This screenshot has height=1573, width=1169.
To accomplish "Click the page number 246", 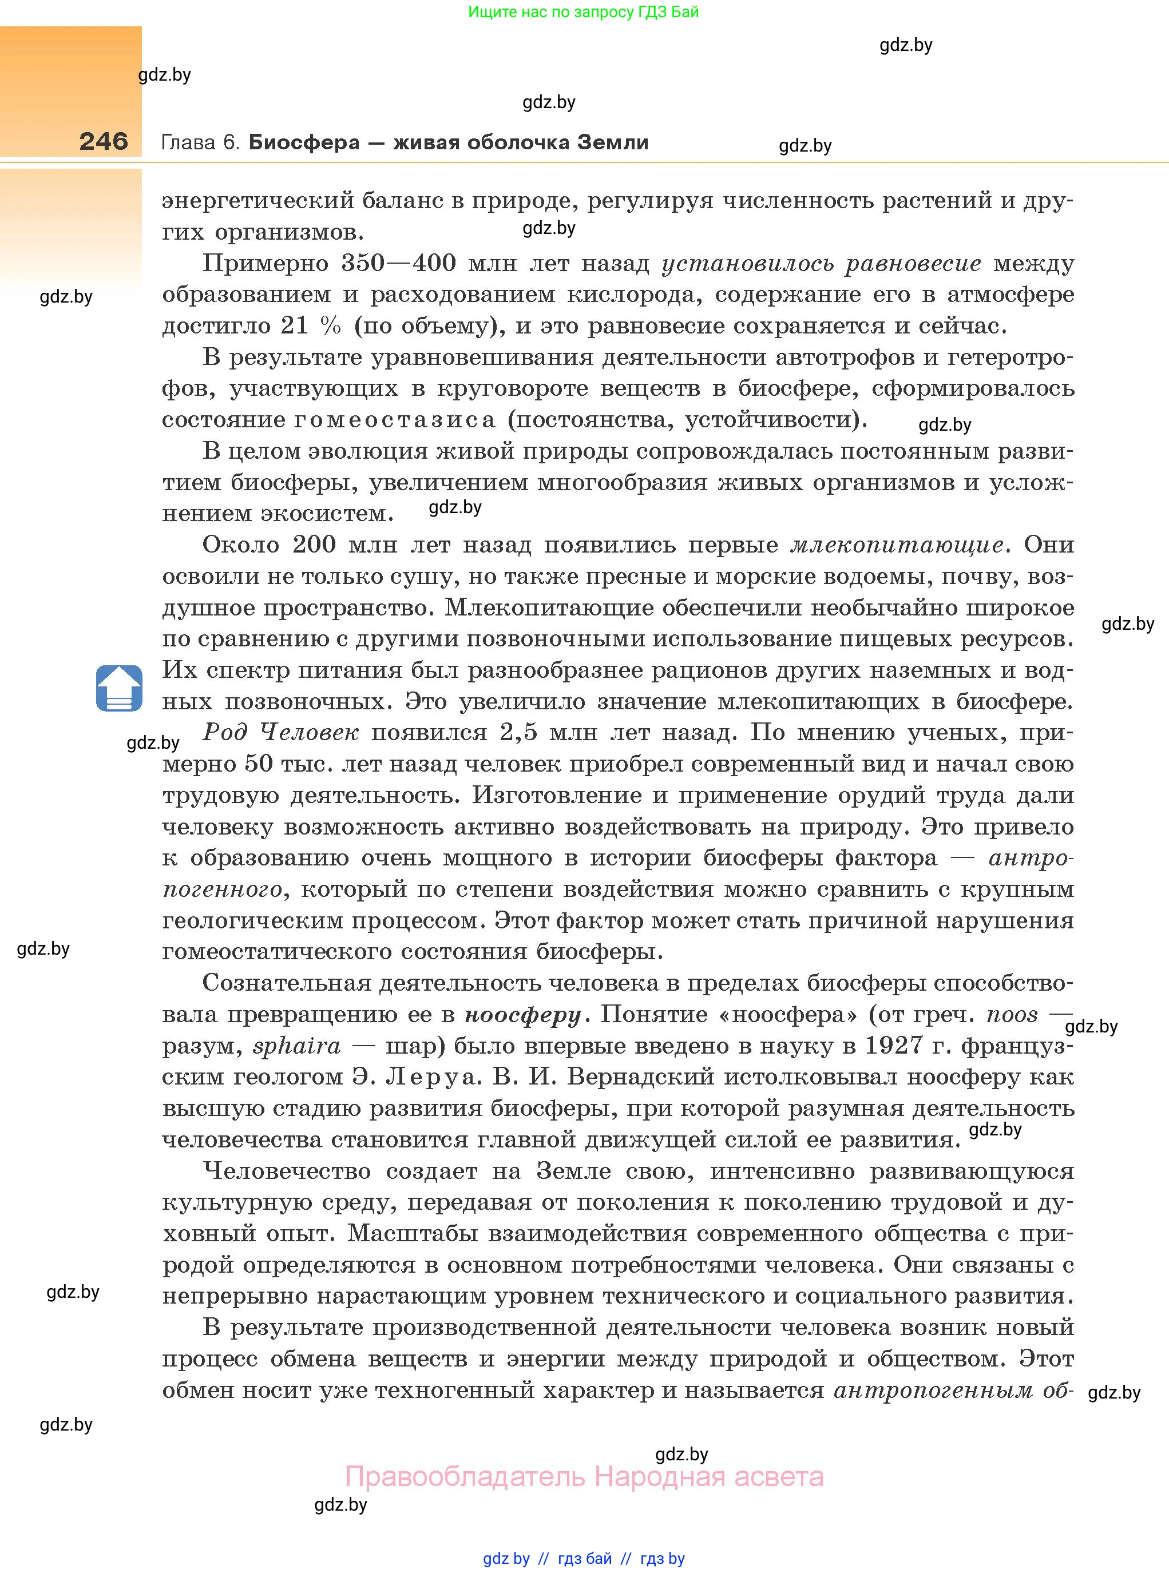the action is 104,141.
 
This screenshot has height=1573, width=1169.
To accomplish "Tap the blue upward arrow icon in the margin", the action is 119,688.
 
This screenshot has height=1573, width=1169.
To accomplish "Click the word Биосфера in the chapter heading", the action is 304,142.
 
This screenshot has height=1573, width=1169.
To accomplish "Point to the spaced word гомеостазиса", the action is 394,419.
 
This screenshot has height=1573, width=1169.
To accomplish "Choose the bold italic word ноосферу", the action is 523,1014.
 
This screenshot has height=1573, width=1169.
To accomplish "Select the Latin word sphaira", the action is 296,1046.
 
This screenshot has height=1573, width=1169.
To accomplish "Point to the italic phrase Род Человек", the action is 281,732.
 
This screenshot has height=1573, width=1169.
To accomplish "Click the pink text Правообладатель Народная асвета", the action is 584,1477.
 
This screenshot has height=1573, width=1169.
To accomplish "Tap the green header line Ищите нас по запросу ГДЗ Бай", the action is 583,12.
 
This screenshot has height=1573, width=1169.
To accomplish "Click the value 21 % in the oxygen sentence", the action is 311,325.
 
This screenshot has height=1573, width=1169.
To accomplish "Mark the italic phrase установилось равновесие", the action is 821,263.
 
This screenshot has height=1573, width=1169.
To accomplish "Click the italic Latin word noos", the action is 1012,1014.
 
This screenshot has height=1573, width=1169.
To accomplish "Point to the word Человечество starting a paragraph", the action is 287,1170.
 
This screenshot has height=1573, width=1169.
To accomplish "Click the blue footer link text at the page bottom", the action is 583,1558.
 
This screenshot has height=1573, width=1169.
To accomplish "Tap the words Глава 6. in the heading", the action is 201,142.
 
